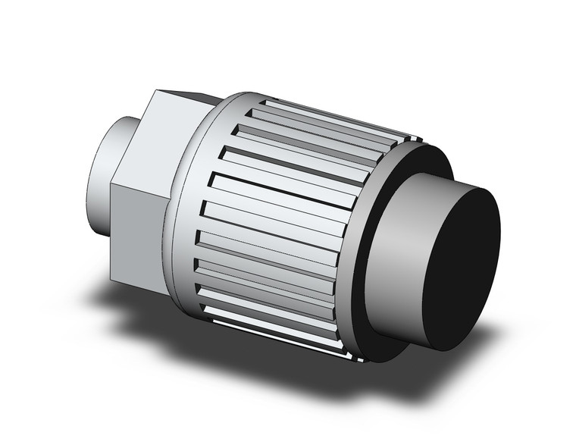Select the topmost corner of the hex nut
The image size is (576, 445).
click(x=155, y=92)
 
